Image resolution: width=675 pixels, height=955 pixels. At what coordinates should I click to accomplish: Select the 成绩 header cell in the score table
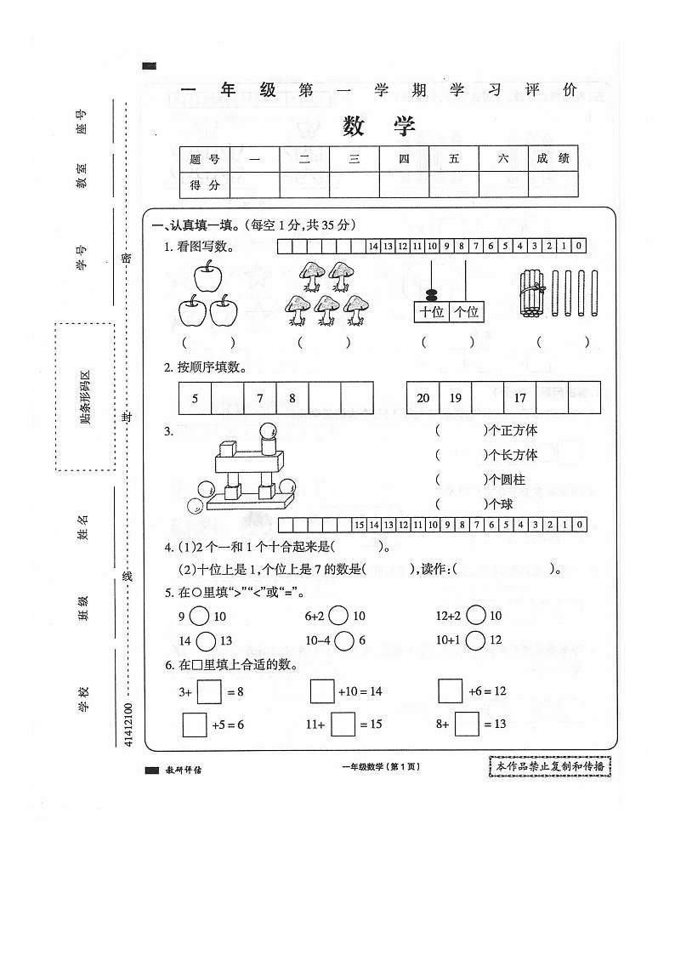pos(552,158)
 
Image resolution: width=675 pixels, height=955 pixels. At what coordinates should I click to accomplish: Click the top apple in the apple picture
pos(207,276)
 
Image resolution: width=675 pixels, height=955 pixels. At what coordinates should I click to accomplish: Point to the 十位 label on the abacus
pos(431,312)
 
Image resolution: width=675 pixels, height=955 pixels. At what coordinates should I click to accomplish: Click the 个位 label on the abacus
pos(467,312)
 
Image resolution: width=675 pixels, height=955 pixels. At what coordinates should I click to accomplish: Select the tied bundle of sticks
pos(531,293)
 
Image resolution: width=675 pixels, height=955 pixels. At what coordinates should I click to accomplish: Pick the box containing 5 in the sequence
pos(195,398)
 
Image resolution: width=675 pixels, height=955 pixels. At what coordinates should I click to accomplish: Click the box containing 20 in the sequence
pos(423,398)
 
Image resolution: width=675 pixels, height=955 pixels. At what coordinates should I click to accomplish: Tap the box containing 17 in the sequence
pos(519,398)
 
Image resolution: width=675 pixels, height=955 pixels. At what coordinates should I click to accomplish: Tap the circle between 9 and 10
pos(199,616)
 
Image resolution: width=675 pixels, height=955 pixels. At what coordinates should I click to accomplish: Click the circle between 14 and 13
pos(205,640)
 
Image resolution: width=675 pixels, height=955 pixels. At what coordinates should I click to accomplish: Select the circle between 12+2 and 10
pos(476,616)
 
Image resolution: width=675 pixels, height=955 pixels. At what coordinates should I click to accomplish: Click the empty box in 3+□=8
pos(209,691)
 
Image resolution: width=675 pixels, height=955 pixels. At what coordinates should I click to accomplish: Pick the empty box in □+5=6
pos(195,725)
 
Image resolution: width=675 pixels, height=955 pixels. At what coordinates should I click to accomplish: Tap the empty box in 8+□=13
pos(467,725)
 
